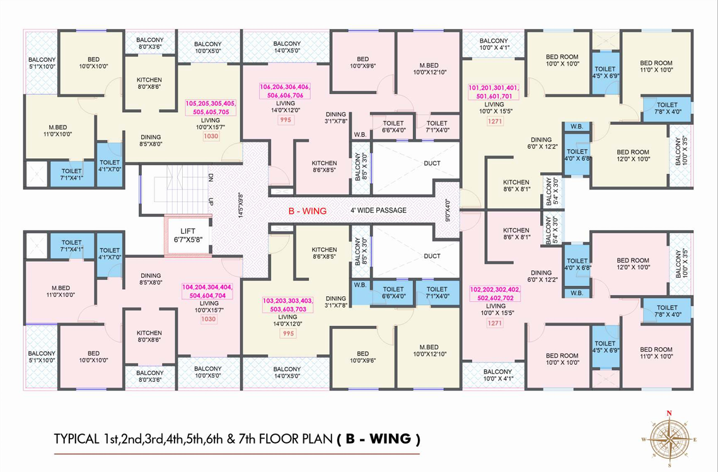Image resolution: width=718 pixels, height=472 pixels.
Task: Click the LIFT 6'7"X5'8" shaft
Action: pos(188,235)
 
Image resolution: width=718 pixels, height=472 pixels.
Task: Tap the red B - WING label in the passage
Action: pos(307,211)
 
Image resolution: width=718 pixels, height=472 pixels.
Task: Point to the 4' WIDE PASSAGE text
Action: pos(378,210)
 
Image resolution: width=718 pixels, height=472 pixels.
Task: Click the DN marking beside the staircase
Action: pos(211,177)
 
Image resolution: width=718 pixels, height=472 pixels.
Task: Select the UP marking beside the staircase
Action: pos(211,201)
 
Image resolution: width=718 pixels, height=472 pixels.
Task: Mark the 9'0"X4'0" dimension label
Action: pos(448,210)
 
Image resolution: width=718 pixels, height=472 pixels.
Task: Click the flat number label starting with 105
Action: pos(211,108)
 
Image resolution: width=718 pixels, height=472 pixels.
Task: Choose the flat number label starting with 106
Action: pos(285,91)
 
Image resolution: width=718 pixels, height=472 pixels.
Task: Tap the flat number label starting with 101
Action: pos(494,92)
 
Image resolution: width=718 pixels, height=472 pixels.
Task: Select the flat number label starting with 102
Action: pos(495,294)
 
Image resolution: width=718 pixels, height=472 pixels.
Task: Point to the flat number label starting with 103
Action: pos(287,305)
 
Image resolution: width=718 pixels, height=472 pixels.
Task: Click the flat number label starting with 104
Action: pos(207,291)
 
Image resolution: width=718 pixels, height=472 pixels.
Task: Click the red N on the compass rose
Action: pos(669,413)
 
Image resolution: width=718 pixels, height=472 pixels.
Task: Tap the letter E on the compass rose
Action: pos(695,439)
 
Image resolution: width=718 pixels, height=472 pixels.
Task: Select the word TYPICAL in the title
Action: pos(76,439)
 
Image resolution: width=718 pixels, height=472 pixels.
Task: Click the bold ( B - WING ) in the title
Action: pos(379,439)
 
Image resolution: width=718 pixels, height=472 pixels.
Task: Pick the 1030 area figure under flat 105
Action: pos(211,136)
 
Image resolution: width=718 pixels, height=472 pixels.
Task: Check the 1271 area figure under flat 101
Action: pos(495,122)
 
